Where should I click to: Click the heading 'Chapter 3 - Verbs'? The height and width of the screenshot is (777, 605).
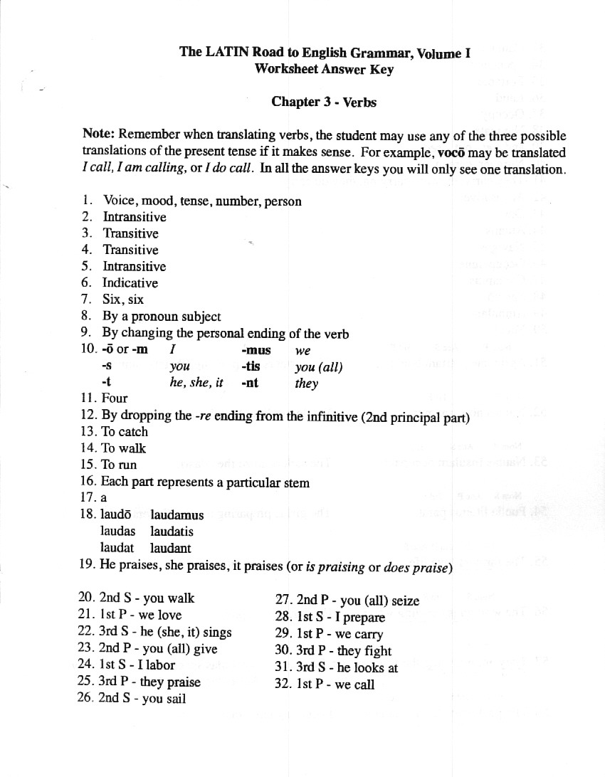click(x=324, y=102)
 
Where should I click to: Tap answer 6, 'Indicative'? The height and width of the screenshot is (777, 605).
click(x=130, y=283)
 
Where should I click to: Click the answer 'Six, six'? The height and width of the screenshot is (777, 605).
click(x=123, y=300)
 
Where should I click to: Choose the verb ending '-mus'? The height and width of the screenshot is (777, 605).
click(x=254, y=350)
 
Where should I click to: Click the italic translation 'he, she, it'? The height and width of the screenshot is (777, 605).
click(x=196, y=383)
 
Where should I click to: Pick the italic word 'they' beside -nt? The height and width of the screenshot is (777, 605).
click(x=306, y=384)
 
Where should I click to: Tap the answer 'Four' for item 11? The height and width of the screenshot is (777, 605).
click(x=115, y=398)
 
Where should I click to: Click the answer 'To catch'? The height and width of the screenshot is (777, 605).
click(x=125, y=432)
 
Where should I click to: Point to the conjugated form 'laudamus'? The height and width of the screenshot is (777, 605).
click(x=177, y=515)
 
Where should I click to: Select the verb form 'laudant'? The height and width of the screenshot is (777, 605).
click(x=170, y=548)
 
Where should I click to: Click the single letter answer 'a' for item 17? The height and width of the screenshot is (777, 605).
click(x=104, y=499)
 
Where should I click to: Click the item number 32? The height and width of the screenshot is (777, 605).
click(x=283, y=684)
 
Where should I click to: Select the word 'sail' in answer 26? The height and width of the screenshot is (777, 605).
click(x=175, y=699)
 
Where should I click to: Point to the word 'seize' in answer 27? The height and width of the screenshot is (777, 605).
click(x=405, y=601)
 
